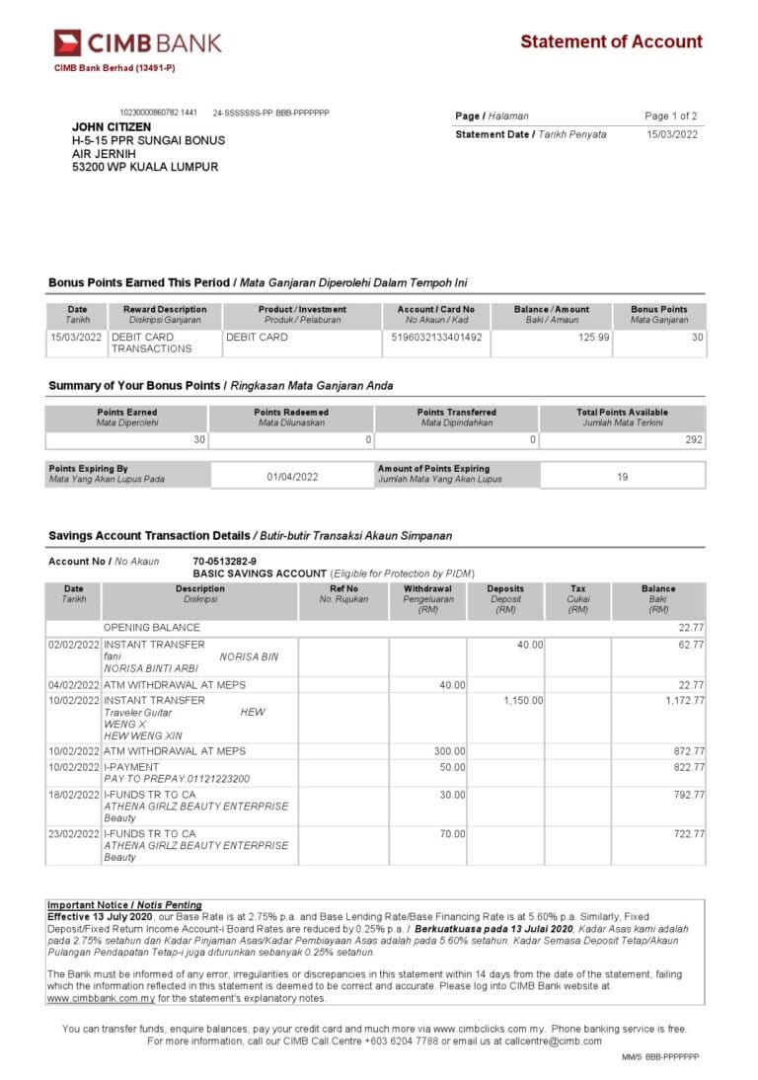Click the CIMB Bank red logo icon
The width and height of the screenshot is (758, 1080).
[67, 42]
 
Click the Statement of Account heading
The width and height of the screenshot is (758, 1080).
[611, 41]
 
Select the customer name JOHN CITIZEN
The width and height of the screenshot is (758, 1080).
[112, 127]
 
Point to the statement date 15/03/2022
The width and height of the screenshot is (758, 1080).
[672, 134]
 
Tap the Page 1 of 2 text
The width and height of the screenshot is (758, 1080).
[671, 116]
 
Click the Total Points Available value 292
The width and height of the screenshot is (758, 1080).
[694, 440]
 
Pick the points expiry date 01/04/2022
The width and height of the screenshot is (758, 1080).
[292, 477]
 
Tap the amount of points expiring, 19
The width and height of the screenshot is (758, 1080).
[622, 477]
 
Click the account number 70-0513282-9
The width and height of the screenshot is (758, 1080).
[224, 562]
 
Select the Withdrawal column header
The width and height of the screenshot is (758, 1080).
[427, 589]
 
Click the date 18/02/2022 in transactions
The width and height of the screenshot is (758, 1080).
[74, 795]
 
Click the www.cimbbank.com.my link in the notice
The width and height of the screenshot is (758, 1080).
[102, 998]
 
